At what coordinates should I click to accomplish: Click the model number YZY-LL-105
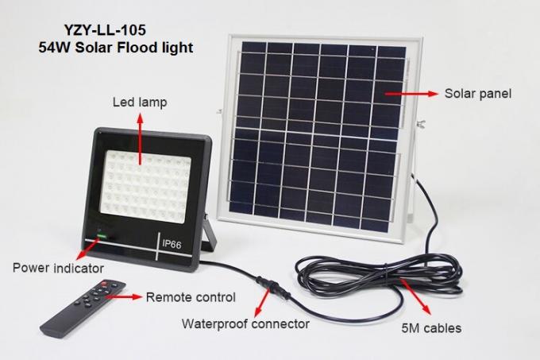105,30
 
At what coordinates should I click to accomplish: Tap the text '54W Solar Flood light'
116,48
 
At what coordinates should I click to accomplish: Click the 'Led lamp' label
140,103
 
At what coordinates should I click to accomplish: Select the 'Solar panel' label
478,94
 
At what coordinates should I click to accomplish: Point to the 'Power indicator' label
58,268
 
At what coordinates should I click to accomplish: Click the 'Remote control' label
191,297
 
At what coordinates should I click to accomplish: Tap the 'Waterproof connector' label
245,323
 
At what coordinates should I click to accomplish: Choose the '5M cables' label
431,328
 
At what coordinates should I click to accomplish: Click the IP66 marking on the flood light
172,245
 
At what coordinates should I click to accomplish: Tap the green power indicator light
102,236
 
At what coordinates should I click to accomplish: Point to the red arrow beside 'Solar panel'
411,93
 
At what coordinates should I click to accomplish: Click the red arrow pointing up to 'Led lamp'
140,139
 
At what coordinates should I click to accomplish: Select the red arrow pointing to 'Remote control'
124,296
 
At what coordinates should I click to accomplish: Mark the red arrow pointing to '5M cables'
416,297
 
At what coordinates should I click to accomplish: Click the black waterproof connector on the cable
272,287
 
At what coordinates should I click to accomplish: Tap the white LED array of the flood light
145,187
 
